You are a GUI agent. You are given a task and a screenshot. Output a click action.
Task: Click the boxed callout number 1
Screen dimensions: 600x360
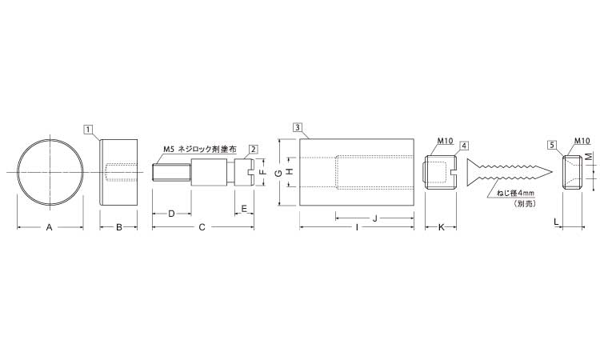[x=88, y=130]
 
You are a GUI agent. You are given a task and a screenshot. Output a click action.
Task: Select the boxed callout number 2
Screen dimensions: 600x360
[x=254, y=150]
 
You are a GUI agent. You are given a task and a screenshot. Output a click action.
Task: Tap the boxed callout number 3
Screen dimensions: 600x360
[x=298, y=127]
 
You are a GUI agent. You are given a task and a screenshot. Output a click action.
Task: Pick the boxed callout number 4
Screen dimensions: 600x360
[x=464, y=146]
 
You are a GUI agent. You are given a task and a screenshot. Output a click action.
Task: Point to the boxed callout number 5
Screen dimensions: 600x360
[x=552, y=145]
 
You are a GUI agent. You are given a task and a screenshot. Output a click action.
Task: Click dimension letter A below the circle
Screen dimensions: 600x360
[x=49, y=227]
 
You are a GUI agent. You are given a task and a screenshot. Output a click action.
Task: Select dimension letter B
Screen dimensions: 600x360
[x=119, y=227]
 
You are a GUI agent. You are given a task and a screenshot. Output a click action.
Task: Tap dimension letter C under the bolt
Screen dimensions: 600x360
[x=202, y=227]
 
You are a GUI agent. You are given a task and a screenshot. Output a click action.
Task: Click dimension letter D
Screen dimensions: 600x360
[x=171, y=214]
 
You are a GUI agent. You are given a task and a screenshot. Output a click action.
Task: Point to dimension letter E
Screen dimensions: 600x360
[x=244, y=209]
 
